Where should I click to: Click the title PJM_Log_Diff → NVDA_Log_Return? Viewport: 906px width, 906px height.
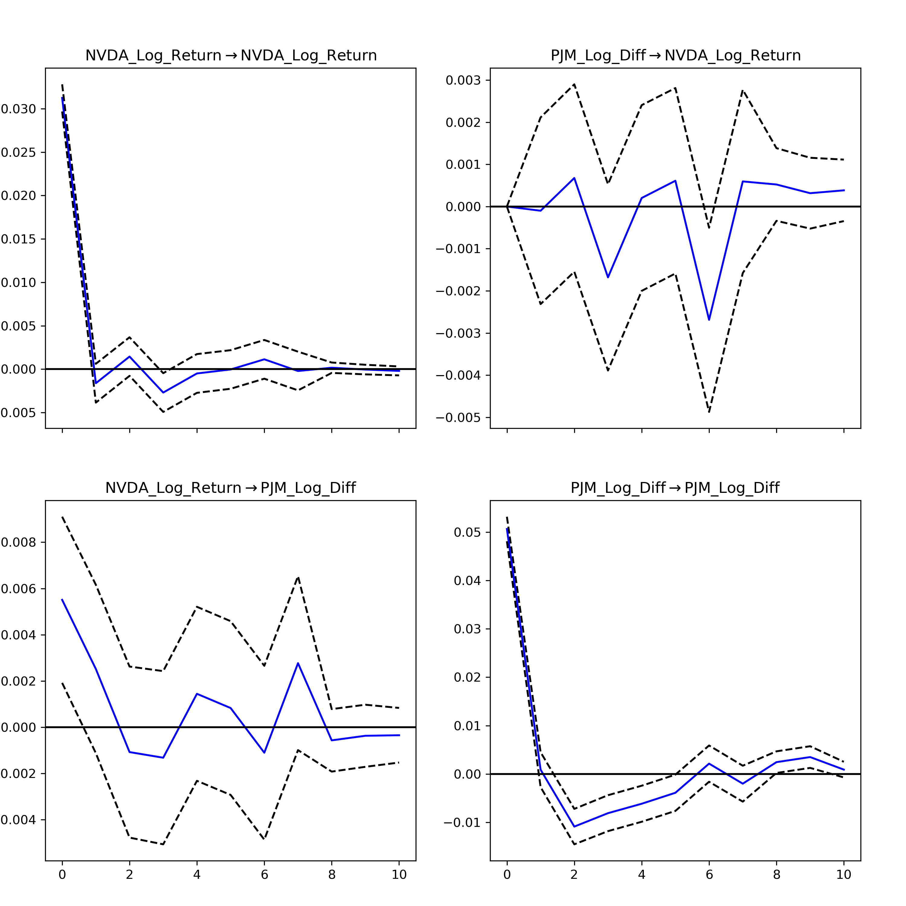click(x=675, y=55)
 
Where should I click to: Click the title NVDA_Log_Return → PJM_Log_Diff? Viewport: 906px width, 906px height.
click(x=230, y=488)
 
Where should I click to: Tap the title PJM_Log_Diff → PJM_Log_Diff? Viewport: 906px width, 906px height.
click(x=675, y=488)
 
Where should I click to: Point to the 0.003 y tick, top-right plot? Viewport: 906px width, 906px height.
click(x=463, y=80)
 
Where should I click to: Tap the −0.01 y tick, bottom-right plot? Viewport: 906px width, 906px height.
click(x=462, y=823)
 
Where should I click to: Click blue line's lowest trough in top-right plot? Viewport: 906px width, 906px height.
click(x=709, y=320)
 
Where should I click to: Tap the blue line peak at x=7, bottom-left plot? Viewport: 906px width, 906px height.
click(x=298, y=663)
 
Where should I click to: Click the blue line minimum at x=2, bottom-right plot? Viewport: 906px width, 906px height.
click(x=574, y=827)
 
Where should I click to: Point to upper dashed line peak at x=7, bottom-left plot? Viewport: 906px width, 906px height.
click(x=298, y=577)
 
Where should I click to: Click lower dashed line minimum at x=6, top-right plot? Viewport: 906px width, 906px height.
click(x=709, y=412)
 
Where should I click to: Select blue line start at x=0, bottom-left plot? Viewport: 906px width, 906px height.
click(x=63, y=599)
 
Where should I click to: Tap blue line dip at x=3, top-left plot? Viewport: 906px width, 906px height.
click(x=163, y=393)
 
